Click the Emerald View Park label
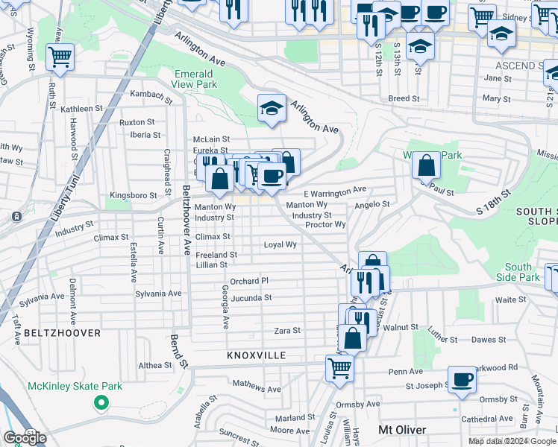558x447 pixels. pyautogui.click(x=194, y=79)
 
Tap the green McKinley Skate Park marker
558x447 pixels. pyautogui.click(x=100, y=403)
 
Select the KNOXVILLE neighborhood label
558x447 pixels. pyautogui.click(x=257, y=356)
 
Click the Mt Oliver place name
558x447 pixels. pyautogui.click(x=402, y=430)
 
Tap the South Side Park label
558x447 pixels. pyautogui.click(x=518, y=272)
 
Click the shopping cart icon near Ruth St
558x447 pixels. pyautogui.click(x=59, y=57)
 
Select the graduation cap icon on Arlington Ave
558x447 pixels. pyautogui.click(x=272, y=108)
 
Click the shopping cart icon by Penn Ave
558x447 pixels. pyautogui.click(x=339, y=367)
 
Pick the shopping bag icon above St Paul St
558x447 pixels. pyautogui.click(x=425, y=165)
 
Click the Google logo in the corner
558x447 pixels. pyautogui.click(x=25, y=438)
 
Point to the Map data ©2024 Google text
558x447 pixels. pyautogui.click(x=512, y=441)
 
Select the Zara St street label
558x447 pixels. pyautogui.click(x=287, y=330)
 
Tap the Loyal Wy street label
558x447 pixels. pyautogui.click(x=280, y=244)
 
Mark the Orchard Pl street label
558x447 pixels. pyautogui.click(x=248, y=281)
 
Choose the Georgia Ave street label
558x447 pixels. pyautogui.click(x=225, y=307)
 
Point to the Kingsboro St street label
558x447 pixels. pyautogui.click(x=134, y=195)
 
